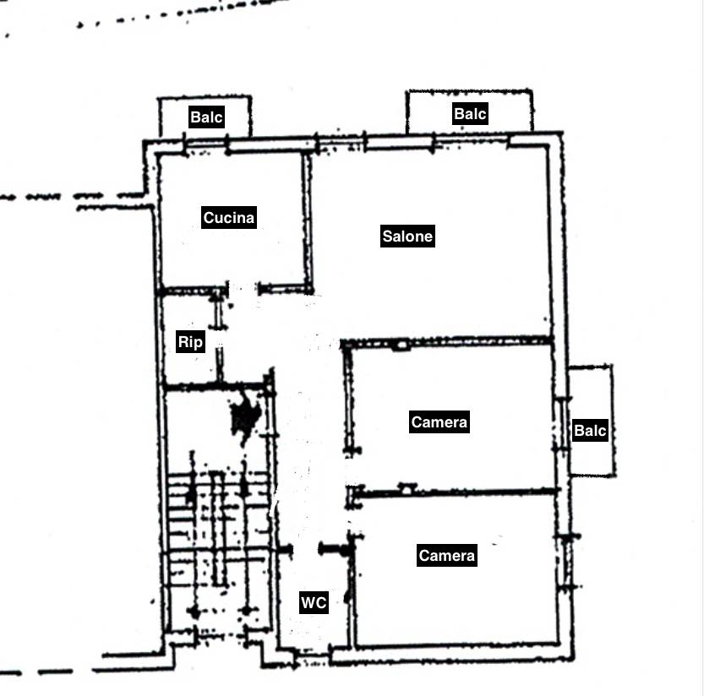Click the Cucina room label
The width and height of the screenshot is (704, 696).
point(229,218)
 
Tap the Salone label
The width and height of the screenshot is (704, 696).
point(407,236)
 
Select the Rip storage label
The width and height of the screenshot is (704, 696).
point(190,342)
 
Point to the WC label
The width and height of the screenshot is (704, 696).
point(314,602)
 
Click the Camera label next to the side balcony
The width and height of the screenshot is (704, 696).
point(439,421)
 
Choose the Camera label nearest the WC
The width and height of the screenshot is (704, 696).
point(447,556)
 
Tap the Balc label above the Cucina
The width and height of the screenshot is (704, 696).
point(206,117)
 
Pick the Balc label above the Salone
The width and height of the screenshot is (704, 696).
point(470,114)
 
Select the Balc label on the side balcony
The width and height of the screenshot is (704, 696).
point(591,431)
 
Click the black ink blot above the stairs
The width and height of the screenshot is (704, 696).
point(245,416)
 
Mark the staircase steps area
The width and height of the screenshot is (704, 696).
point(218,530)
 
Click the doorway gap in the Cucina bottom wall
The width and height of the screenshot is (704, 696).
point(243,289)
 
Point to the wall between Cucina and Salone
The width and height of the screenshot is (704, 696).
point(308,223)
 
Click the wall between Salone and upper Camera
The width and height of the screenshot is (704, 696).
point(447,342)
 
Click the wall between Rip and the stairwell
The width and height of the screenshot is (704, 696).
point(217,385)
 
